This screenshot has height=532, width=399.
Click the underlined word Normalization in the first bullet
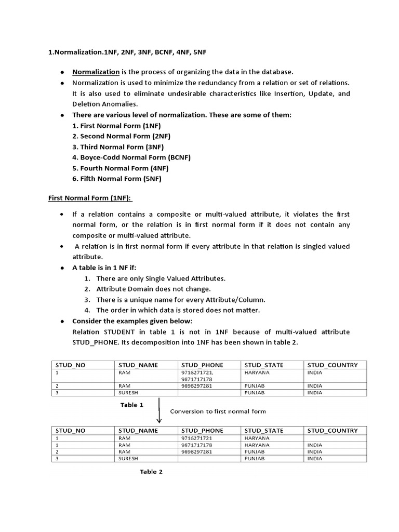[96, 72]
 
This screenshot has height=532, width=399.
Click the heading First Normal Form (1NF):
[91, 198]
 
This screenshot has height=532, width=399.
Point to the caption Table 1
[131, 405]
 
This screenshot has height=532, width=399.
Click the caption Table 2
[151, 472]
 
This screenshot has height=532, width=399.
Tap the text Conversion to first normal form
[218, 411]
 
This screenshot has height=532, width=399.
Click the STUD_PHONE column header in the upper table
[202, 365]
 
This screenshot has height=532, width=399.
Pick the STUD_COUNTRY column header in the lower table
[332, 430]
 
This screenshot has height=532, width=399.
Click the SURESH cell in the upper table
[128, 393]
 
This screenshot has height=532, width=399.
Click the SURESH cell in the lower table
[128, 459]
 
